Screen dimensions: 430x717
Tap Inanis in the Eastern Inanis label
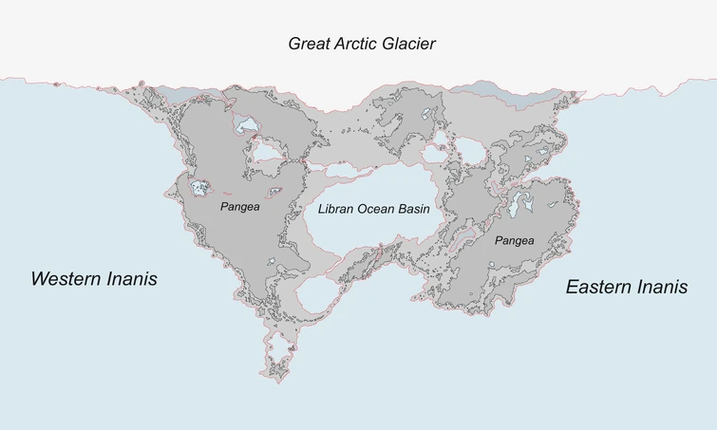[x=661, y=287]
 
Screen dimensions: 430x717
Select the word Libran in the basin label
[x=336, y=209]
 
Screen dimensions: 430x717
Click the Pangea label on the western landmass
[x=239, y=206]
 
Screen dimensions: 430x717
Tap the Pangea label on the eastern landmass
[x=514, y=241]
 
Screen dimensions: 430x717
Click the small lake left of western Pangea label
[x=199, y=188]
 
